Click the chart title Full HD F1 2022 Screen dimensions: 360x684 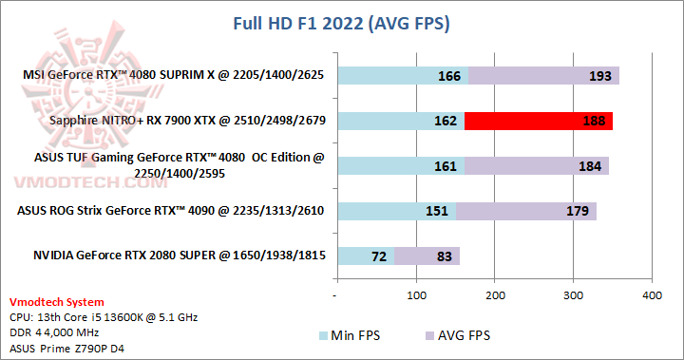point(342,22)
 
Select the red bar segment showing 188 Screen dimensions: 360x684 point(539,121)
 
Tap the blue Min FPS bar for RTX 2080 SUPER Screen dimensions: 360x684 point(366,256)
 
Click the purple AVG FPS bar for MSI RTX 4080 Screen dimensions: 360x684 point(543,75)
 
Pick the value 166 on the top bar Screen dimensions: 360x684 point(450,75)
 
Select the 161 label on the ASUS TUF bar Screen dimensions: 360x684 point(447,166)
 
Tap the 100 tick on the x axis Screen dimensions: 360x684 point(416,296)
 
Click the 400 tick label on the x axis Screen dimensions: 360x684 point(652,296)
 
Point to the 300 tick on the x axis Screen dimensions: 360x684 point(573,296)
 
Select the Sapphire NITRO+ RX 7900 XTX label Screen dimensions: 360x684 point(187,121)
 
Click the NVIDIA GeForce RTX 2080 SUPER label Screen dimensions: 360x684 point(179,256)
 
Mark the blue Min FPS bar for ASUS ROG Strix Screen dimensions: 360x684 point(396,211)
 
